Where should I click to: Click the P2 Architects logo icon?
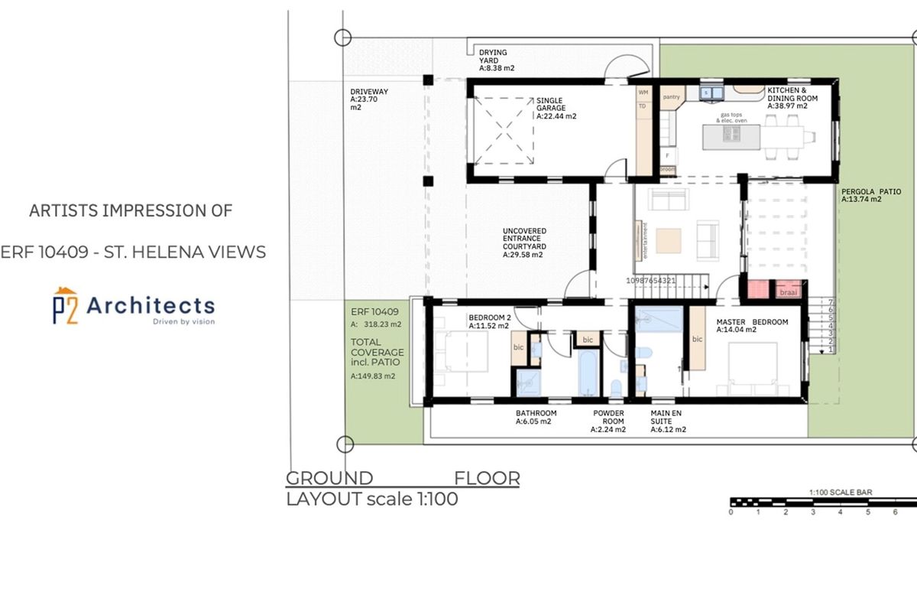(65, 306)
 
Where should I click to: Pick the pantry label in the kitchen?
(672, 97)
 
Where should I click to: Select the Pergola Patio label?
(871, 194)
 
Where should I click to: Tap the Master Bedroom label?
(752, 326)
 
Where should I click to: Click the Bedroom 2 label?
(489, 321)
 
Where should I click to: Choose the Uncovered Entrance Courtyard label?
(523, 243)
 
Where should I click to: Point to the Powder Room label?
(609, 421)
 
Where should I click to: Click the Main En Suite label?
(668, 421)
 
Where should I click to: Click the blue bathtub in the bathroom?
(589, 372)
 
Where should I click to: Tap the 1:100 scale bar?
(823, 503)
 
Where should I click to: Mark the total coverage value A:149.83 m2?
(373, 376)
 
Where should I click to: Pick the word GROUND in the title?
(329, 479)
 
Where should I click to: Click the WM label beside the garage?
(643, 93)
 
